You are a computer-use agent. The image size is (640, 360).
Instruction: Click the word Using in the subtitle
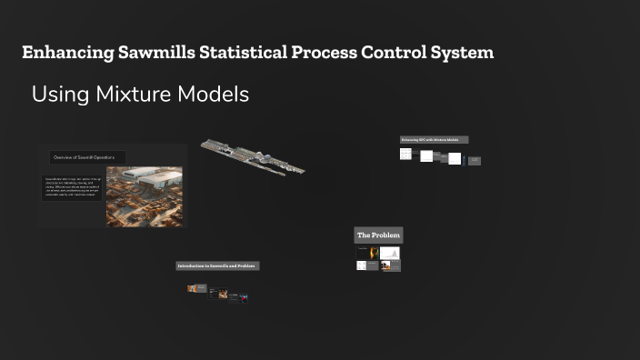point(55,95)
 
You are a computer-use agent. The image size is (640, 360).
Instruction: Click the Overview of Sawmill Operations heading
point(87,157)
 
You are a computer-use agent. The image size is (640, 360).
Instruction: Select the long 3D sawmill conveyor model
point(252,157)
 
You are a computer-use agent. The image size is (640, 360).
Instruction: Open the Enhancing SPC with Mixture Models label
point(435,140)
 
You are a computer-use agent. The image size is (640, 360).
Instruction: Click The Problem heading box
point(377,235)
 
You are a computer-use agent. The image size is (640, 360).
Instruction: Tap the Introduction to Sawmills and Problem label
point(217,265)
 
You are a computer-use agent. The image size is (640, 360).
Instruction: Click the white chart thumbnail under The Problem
point(390,253)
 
